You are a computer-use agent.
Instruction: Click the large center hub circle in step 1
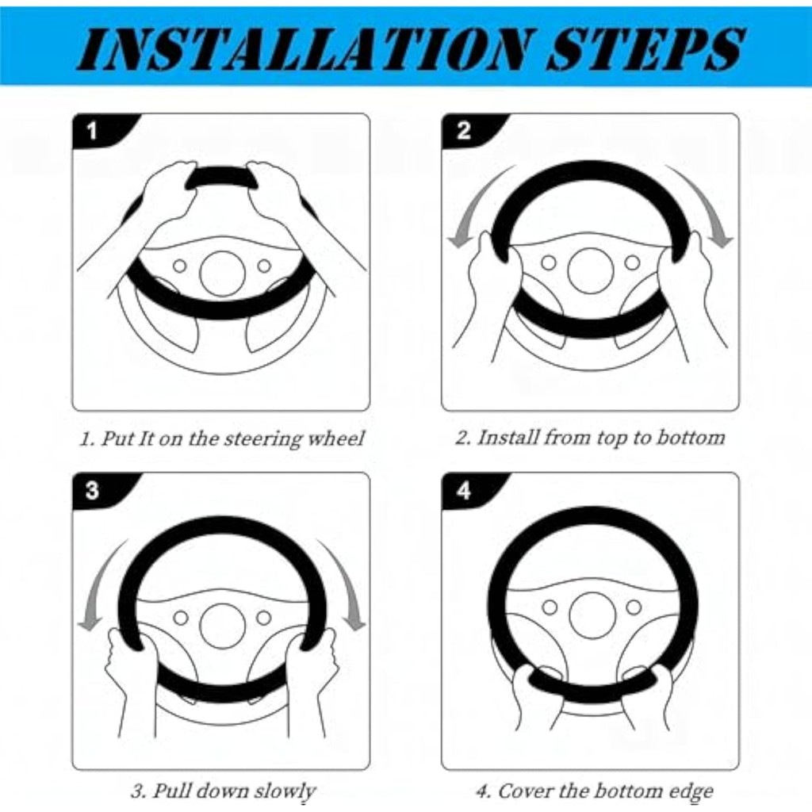coord(223,274)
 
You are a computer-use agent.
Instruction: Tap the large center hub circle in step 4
coord(592,615)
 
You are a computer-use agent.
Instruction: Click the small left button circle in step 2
coord(549,263)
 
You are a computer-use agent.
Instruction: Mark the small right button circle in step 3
coord(264,618)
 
